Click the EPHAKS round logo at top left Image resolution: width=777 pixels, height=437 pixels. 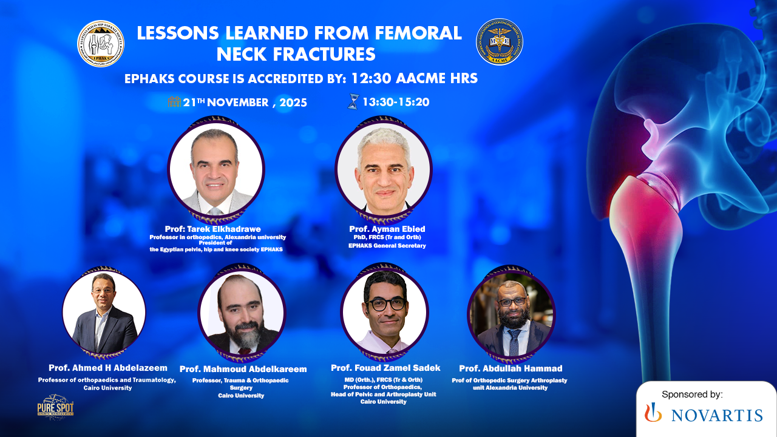click(x=101, y=44)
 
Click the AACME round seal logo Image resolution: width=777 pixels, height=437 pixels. click(x=499, y=42)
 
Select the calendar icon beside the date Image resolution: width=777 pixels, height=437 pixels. click(x=174, y=102)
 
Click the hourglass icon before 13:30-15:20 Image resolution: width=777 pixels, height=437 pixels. click(x=353, y=102)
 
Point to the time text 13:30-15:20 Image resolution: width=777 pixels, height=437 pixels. click(x=396, y=102)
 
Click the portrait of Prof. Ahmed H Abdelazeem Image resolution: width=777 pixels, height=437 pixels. click(x=104, y=312)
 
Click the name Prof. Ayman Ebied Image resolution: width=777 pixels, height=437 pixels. click(x=387, y=229)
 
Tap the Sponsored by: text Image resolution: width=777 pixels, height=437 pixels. click(x=692, y=395)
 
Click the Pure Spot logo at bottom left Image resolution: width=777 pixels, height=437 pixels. click(x=55, y=407)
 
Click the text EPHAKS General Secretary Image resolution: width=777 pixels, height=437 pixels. click(x=387, y=246)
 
